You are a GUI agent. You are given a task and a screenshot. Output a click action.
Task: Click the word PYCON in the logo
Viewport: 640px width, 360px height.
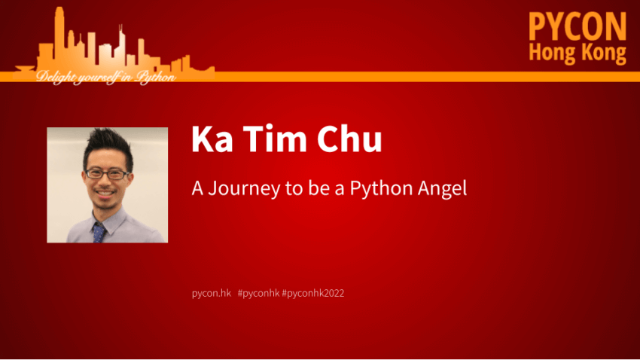[578, 26]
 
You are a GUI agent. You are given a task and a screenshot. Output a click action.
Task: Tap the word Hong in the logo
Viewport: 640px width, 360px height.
[550, 53]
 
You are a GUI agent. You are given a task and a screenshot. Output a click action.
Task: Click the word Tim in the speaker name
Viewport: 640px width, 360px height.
[275, 139]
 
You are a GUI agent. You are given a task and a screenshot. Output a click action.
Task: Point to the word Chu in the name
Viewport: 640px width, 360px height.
[349, 139]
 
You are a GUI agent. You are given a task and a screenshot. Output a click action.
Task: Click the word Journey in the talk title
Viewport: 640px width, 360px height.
[244, 188]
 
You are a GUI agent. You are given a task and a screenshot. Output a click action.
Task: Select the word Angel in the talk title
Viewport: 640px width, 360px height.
[442, 188]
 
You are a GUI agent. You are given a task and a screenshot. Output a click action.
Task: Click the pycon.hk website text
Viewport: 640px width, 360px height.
[212, 293]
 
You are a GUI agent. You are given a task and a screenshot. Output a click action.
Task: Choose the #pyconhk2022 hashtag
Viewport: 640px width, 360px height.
[313, 293]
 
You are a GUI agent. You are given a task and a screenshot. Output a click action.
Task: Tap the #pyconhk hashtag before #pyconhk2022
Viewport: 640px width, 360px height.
[259, 293]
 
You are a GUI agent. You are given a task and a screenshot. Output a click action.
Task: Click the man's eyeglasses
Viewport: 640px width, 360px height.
[107, 174]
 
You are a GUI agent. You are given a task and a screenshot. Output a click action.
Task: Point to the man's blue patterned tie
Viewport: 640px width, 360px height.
[99, 232]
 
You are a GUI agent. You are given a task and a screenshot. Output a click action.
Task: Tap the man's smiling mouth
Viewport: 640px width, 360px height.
[105, 193]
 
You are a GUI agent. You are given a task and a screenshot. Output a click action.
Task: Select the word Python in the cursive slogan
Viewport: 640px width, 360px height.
[156, 77]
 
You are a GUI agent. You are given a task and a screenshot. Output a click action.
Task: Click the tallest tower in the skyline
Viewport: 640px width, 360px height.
[59, 38]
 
